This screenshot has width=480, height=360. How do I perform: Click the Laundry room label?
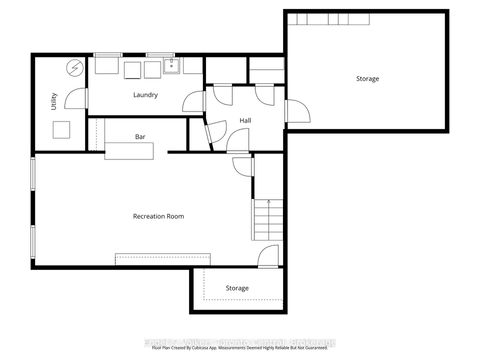(147, 95)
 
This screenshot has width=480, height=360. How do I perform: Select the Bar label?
(141, 136)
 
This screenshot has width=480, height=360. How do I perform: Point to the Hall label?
(245, 121)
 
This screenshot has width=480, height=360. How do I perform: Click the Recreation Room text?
(158, 216)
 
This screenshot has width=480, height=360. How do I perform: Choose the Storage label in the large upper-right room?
(367, 78)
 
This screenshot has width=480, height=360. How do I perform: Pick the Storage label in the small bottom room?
(237, 288)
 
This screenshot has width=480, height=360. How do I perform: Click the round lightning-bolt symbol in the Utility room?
(74, 68)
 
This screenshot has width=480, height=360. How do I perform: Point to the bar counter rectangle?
(129, 151)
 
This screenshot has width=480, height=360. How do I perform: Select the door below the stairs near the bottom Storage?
(266, 257)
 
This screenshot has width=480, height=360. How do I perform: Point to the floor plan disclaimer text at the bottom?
(240, 348)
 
